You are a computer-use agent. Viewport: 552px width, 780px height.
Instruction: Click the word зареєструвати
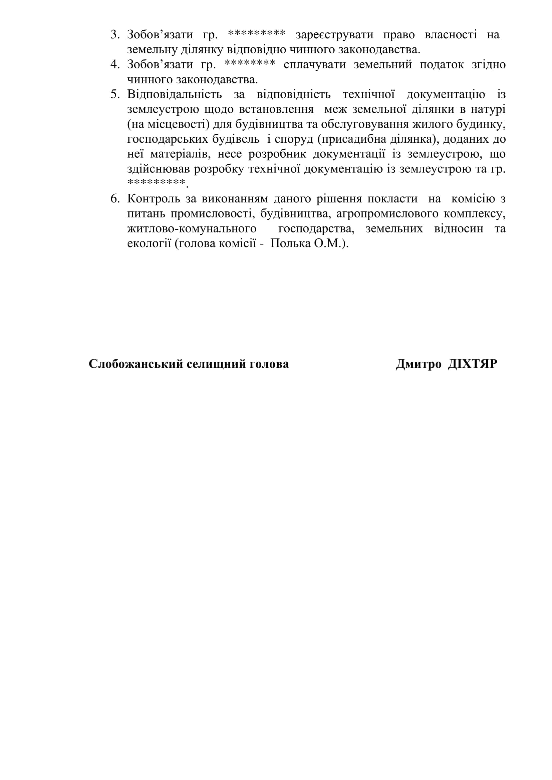coord(334,35)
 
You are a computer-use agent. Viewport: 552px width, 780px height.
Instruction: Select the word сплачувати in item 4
coord(314,65)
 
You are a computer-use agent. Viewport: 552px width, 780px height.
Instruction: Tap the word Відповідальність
coord(174,94)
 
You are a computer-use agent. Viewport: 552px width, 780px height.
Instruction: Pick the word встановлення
coord(276,109)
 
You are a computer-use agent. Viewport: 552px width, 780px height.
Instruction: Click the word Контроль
coord(153,199)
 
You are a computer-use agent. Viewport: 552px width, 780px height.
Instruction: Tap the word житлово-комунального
coord(192,229)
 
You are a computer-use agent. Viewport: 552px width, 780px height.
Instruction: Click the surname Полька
coord(290,243)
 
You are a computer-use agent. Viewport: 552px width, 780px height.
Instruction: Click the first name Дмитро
coord(419,364)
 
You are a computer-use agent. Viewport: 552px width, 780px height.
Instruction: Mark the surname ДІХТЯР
coord(473,364)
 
